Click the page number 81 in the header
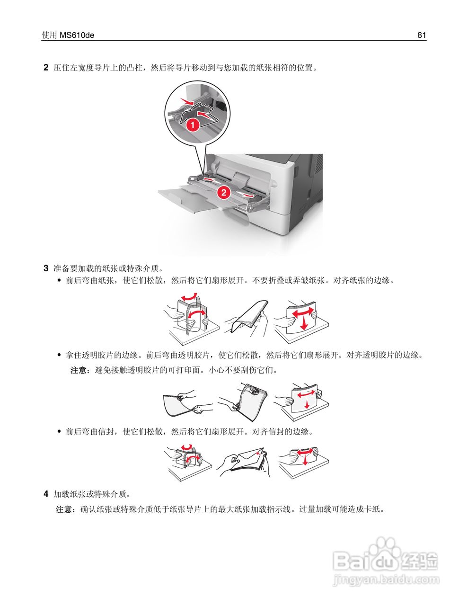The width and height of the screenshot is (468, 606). pyautogui.click(x=422, y=35)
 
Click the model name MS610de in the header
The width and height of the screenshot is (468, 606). pyautogui.click(x=77, y=35)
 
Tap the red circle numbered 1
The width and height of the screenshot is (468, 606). pyautogui.click(x=192, y=125)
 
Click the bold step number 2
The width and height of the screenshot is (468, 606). pyautogui.click(x=46, y=68)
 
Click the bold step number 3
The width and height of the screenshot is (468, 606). pyautogui.click(x=46, y=268)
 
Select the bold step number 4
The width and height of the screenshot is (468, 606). pyautogui.click(x=46, y=494)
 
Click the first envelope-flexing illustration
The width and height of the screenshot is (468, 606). pyautogui.click(x=187, y=462)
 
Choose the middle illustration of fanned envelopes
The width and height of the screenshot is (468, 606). pyautogui.click(x=244, y=461)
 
